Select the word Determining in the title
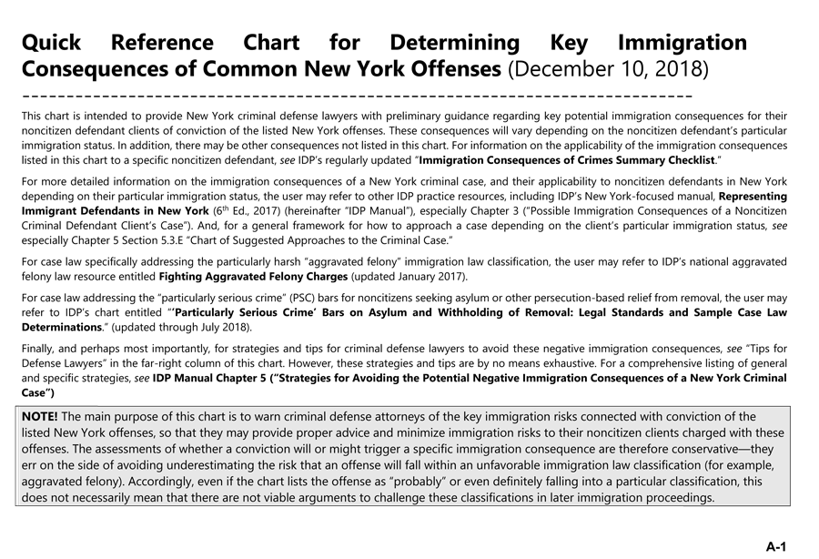point(454,43)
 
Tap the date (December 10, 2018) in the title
point(608,69)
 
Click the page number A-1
point(775,546)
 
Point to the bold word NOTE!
point(40,417)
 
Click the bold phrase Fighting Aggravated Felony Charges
point(252,276)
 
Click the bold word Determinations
point(60,327)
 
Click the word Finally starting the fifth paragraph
point(38,349)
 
